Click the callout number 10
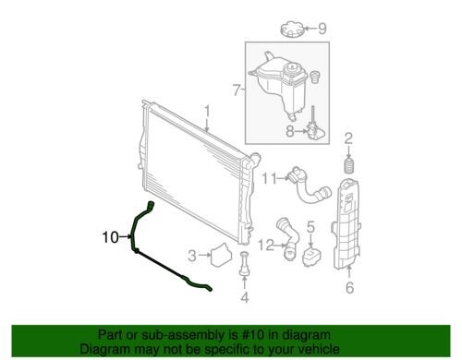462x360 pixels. point(110,237)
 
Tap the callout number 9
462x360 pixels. point(322,29)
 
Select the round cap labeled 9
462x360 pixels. point(292,29)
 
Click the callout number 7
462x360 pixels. point(237,90)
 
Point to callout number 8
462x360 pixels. point(289,132)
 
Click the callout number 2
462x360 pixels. point(348,139)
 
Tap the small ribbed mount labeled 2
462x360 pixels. point(349,165)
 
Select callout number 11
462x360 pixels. point(270,178)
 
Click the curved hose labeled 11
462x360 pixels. point(308,187)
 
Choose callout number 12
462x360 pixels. point(266,246)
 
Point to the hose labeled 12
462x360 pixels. point(287,239)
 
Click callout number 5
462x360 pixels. point(310,227)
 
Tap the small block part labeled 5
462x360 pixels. point(311,258)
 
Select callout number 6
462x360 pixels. point(349,288)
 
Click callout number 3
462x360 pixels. point(192,256)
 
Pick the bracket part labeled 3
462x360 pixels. point(221,255)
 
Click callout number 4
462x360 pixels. point(245,297)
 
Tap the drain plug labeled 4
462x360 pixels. point(244,263)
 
